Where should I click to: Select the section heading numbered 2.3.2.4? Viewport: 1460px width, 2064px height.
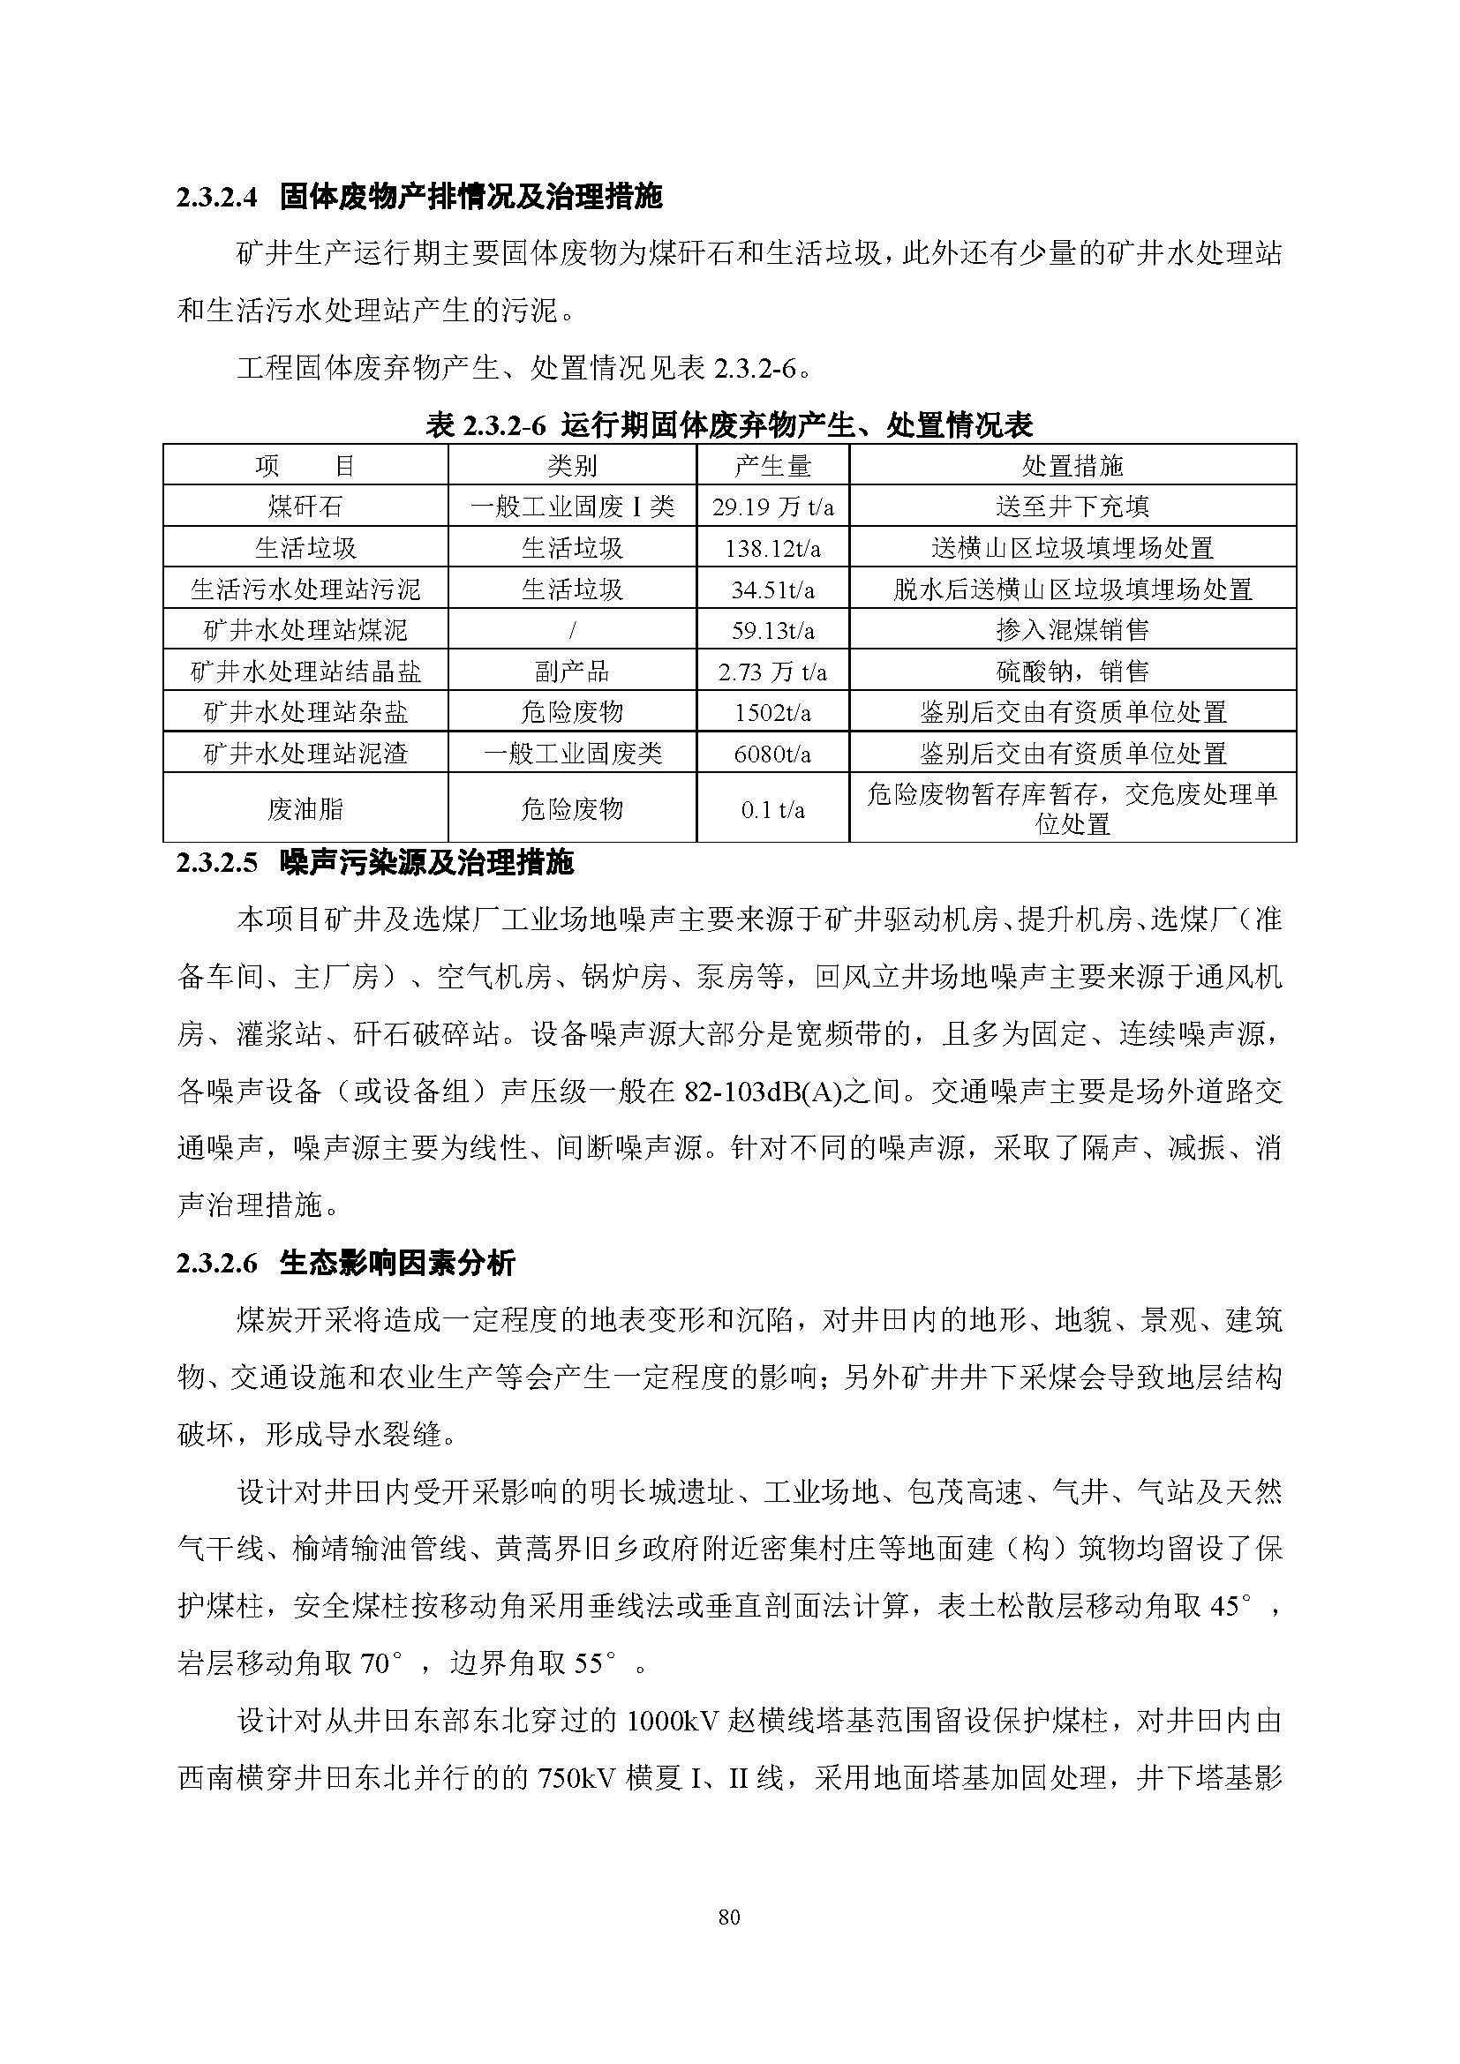[419, 197]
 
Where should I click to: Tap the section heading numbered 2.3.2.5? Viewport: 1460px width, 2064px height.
[375, 864]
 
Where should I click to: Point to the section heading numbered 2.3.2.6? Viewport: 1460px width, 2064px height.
[346, 1263]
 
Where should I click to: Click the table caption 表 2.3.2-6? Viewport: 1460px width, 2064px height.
[729, 424]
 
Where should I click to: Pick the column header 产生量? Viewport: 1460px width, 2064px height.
[772, 466]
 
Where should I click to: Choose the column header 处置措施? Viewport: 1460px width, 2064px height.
[1072, 466]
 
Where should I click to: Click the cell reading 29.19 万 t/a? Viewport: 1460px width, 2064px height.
[772, 507]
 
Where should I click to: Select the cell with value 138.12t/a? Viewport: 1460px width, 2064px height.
[772, 548]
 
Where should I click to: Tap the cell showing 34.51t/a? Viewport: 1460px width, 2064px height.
[772, 589]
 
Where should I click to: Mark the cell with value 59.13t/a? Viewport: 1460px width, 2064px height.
[772, 630]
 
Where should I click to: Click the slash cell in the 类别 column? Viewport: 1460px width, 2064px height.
[572, 630]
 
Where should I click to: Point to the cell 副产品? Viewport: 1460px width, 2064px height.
[572, 672]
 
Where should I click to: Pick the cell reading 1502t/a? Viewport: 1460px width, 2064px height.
[772, 713]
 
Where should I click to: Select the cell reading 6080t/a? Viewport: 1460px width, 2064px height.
[772, 754]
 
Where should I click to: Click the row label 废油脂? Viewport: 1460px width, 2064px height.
[305, 809]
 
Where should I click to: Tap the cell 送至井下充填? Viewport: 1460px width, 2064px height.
[1072, 507]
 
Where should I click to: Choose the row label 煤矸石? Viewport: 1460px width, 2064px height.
[305, 507]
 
